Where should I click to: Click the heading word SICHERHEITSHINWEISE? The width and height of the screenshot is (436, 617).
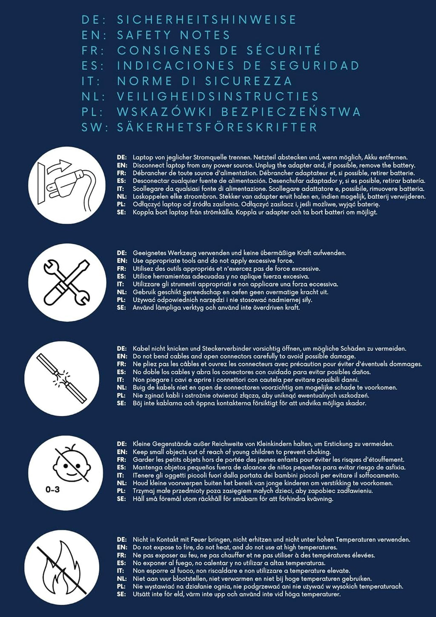pyautogui.click(x=207, y=20)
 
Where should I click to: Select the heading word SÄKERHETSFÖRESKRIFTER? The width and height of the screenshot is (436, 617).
pyautogui.click(x=218, y=127)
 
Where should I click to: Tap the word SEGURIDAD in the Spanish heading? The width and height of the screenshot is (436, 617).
pyautogui.click(x=315, y=66)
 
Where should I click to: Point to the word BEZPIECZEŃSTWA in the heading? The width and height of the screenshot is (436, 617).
pyautogui.click(x=291, y=112)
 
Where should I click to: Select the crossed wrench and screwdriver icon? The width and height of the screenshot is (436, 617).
pyautogui.click(x=66, y=283)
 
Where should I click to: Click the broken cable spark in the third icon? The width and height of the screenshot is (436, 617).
pyautogui.click(x=61, y=379)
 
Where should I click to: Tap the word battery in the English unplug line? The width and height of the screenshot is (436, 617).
pyautogui.click(x=404, y=166)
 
